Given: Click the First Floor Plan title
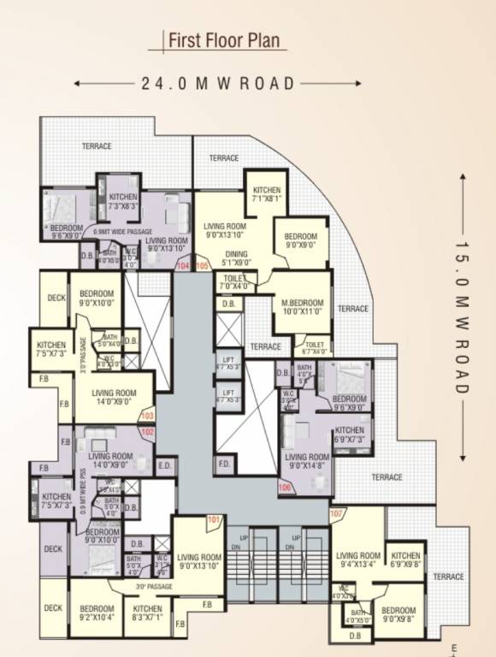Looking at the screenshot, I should pyautogui.click(x=222, y=40).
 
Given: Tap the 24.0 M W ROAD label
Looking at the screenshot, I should pyautogui.click(x=218, y=83).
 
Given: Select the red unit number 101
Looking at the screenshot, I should pyautogui.click(x=213, y=519).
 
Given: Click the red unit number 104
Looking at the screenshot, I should pyautogui.click(x=182, y=267).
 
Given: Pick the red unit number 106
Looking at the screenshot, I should pyautogui.click(x=285, y=488).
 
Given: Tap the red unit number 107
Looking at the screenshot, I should pyautogui.click(x=336, y=513).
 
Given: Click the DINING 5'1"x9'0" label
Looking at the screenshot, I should pyautogui.click(x=237, y=259).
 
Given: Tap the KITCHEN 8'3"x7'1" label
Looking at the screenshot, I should pyautogui.click(x=147, y=613).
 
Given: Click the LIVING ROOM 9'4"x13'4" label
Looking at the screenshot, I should pyautogui.click(x=357, y=560).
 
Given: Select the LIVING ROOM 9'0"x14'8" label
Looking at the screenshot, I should pyautogui.click(x=306, y=462).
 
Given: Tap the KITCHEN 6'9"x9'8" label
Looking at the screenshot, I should pyautogui.click(x=405, y=560).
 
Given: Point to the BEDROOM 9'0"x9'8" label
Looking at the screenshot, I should pyautogui.click(x=399, y=592).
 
